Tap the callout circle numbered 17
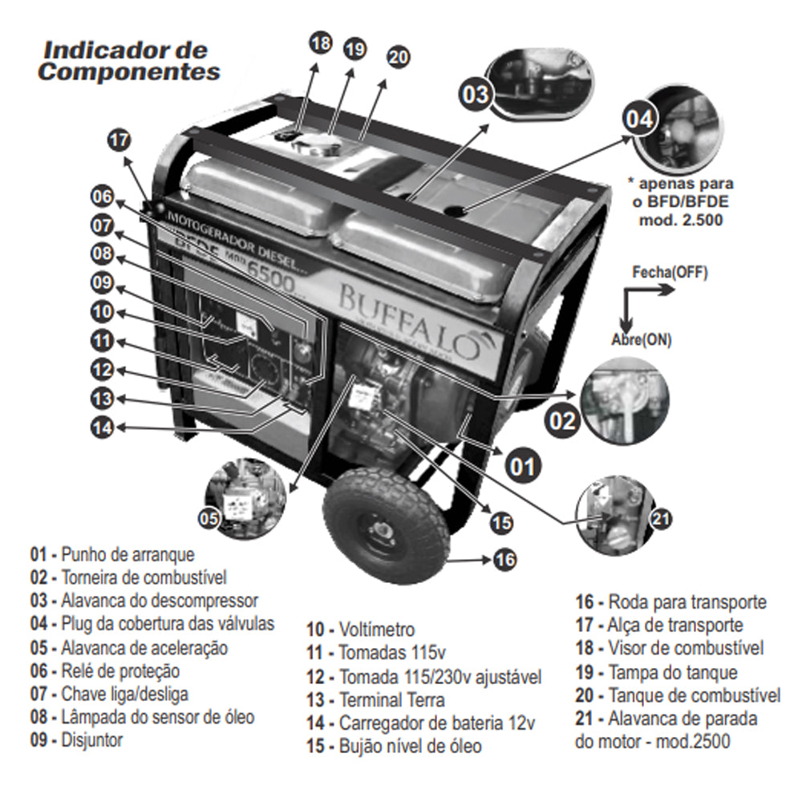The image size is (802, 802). coord(119,140)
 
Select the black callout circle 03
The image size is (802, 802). coord(475,94)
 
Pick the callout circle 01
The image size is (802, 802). coord(522,465)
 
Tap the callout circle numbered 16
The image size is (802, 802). coord(504,559)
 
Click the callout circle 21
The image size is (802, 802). coord(659,519)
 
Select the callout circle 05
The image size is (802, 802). coord(210,519)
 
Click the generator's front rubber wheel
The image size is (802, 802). coord(386,525)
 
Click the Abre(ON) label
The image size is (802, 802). coord(641,339)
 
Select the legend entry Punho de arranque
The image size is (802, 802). coord(113,553)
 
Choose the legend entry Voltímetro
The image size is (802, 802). coord(360,630)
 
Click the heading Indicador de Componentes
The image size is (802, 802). coord(129,60)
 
